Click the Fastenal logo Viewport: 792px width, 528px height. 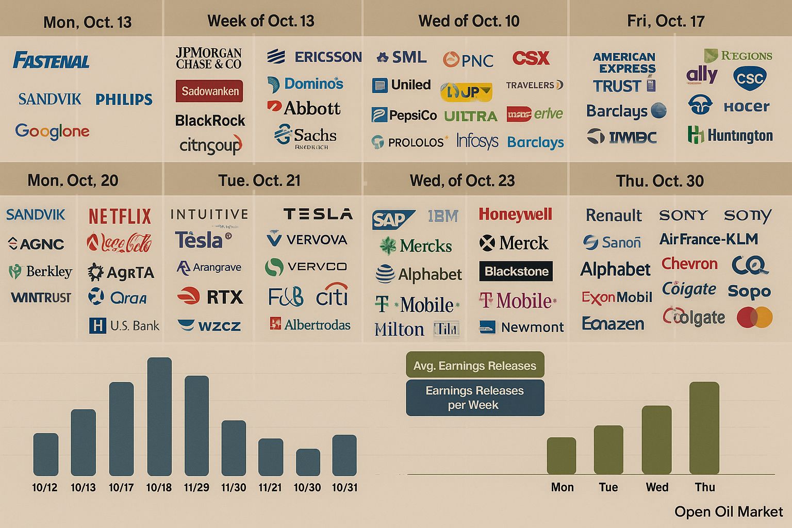click(x=51, y=61)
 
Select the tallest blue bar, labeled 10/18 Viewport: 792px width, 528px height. click(x=159, y=416)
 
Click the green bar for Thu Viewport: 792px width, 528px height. click(x=704, y=428)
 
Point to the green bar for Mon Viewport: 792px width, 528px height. click(x=561, y=456)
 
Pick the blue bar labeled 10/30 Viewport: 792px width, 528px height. click(x=308, y=462)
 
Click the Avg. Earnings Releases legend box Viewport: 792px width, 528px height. click(x=474, y=366)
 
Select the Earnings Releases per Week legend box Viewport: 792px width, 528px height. click(x=474, y=398)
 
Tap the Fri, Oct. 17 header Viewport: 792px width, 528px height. click(x=665, y=21)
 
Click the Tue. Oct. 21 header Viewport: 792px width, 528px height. click(x=259, y=180)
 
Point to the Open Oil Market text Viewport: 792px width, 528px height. click(x=728, y=511)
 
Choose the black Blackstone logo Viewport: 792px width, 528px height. click(x=516, y=271)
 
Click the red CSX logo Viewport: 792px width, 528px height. click(x=531, y=58)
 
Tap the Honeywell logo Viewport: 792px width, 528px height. click(x=515, y=214)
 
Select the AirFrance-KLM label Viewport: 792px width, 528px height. click(x=708, y=239)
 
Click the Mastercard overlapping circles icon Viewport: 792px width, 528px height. click(x=754, y=318)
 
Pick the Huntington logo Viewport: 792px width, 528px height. click(x=730, y=136)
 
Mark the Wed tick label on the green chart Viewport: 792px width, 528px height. click(x=657, y=487)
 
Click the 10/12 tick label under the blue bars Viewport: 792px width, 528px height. click(x=45, y=487)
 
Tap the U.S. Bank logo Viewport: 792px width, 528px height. click(x=124, y=325)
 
